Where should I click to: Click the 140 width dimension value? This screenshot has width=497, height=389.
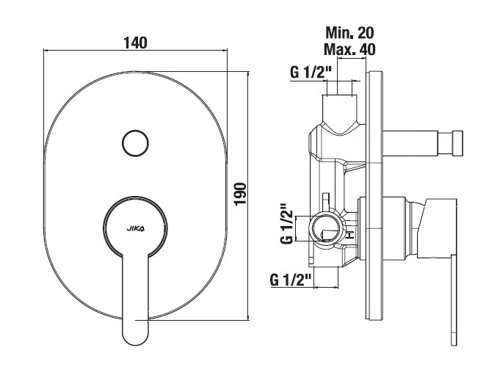(135, 43)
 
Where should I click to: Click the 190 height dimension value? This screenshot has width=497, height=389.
(241, 194)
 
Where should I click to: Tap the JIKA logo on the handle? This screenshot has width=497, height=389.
(135, 228)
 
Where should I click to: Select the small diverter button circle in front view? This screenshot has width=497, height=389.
(135, 143)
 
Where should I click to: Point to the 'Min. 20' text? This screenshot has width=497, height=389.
(350, 32)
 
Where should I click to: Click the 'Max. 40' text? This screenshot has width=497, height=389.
(349, 49)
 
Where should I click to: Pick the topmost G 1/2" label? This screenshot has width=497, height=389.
(311, 73)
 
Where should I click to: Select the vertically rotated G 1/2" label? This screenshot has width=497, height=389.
(287, 224)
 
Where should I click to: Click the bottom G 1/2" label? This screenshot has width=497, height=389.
(291, 280)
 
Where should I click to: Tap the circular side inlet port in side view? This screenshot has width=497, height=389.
(326, 229)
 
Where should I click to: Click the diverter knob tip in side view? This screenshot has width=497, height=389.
(457, 143)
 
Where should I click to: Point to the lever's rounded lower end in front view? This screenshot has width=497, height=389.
(135, 335)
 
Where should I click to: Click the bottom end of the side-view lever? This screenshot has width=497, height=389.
(454, 345)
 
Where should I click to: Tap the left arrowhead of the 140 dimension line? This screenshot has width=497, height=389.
(46, 50)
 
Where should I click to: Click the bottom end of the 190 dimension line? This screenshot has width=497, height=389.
(248, 320)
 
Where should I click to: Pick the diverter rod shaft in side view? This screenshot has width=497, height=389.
(410, 143)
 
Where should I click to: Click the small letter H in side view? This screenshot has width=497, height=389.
(351, 235)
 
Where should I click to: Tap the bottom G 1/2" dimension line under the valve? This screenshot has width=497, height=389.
(326, 287)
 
